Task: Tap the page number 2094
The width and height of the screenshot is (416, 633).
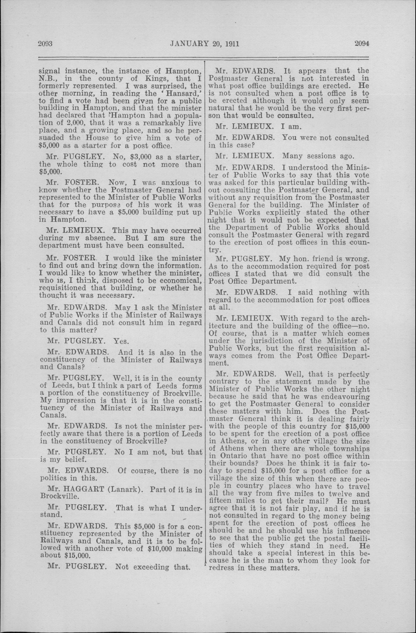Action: click(x=362, y=43)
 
